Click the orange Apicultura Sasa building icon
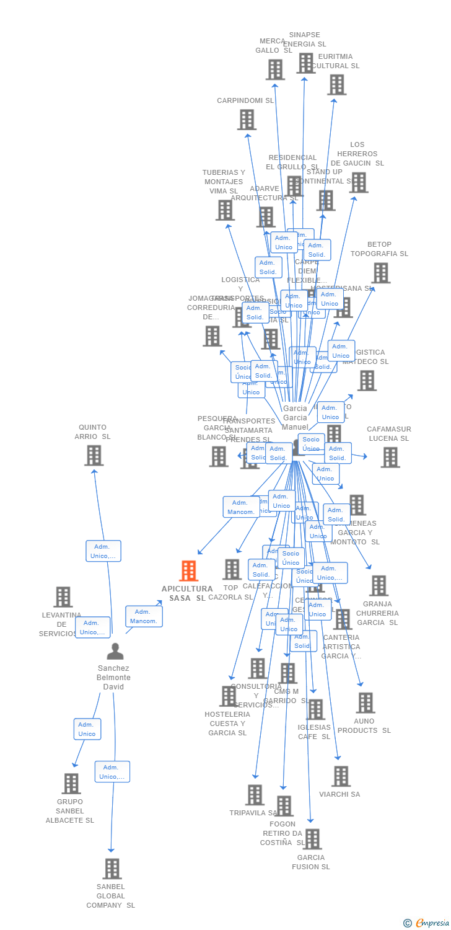tap(188, 570)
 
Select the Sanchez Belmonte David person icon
tap(115, 652)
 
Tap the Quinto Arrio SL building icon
tap(94, 455)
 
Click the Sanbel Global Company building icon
tap(112, 869)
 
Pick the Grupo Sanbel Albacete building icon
tap(71, 784)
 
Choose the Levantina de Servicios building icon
tap(63, 597)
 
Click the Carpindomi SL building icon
tap(247, 120)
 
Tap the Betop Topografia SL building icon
tap(380, 273)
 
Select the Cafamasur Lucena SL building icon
tap(390, 458)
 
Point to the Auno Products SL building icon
tap(366, 703)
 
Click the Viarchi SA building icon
tap(341, 776)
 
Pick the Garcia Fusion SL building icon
tap(312, 839)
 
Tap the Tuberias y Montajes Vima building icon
tap(225, 210)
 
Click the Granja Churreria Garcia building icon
tap(378, 585)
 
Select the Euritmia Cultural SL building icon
tap(336, 85)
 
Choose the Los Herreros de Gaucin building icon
tap(359, 182)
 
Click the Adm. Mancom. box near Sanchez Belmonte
tap(144, 616)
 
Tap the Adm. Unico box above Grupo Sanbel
tap(87, 729)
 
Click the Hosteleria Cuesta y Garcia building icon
tap(228, 696)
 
